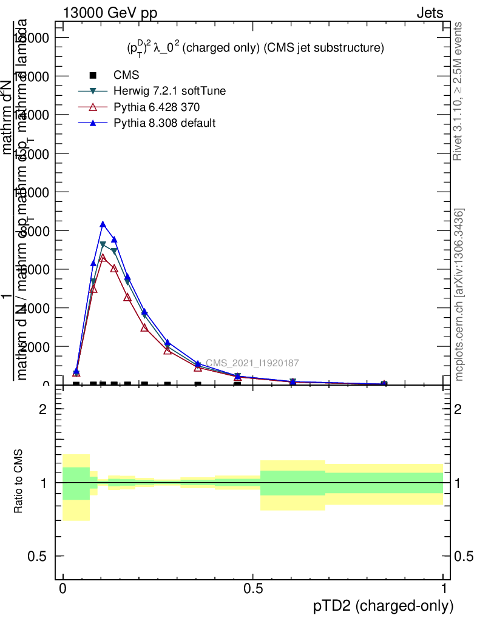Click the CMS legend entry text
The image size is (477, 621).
tap(126, 75)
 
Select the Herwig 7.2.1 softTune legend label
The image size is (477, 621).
tap(170, 91)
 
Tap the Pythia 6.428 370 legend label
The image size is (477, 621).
tap(157, 107)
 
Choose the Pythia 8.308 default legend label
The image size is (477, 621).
tap(164, 123)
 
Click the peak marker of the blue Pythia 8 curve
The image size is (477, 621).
tap(103, 224)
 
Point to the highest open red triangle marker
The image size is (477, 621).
tap(103, 258)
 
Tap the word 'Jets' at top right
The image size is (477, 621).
tap(430, 13)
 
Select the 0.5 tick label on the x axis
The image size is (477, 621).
tap(253, 589)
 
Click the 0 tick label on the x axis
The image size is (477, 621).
tap(63, 589)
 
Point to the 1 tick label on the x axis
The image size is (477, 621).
tap(444, 589)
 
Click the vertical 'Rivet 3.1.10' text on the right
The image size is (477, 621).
tap(458, 91)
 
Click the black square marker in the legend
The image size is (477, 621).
tap(93, 75)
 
